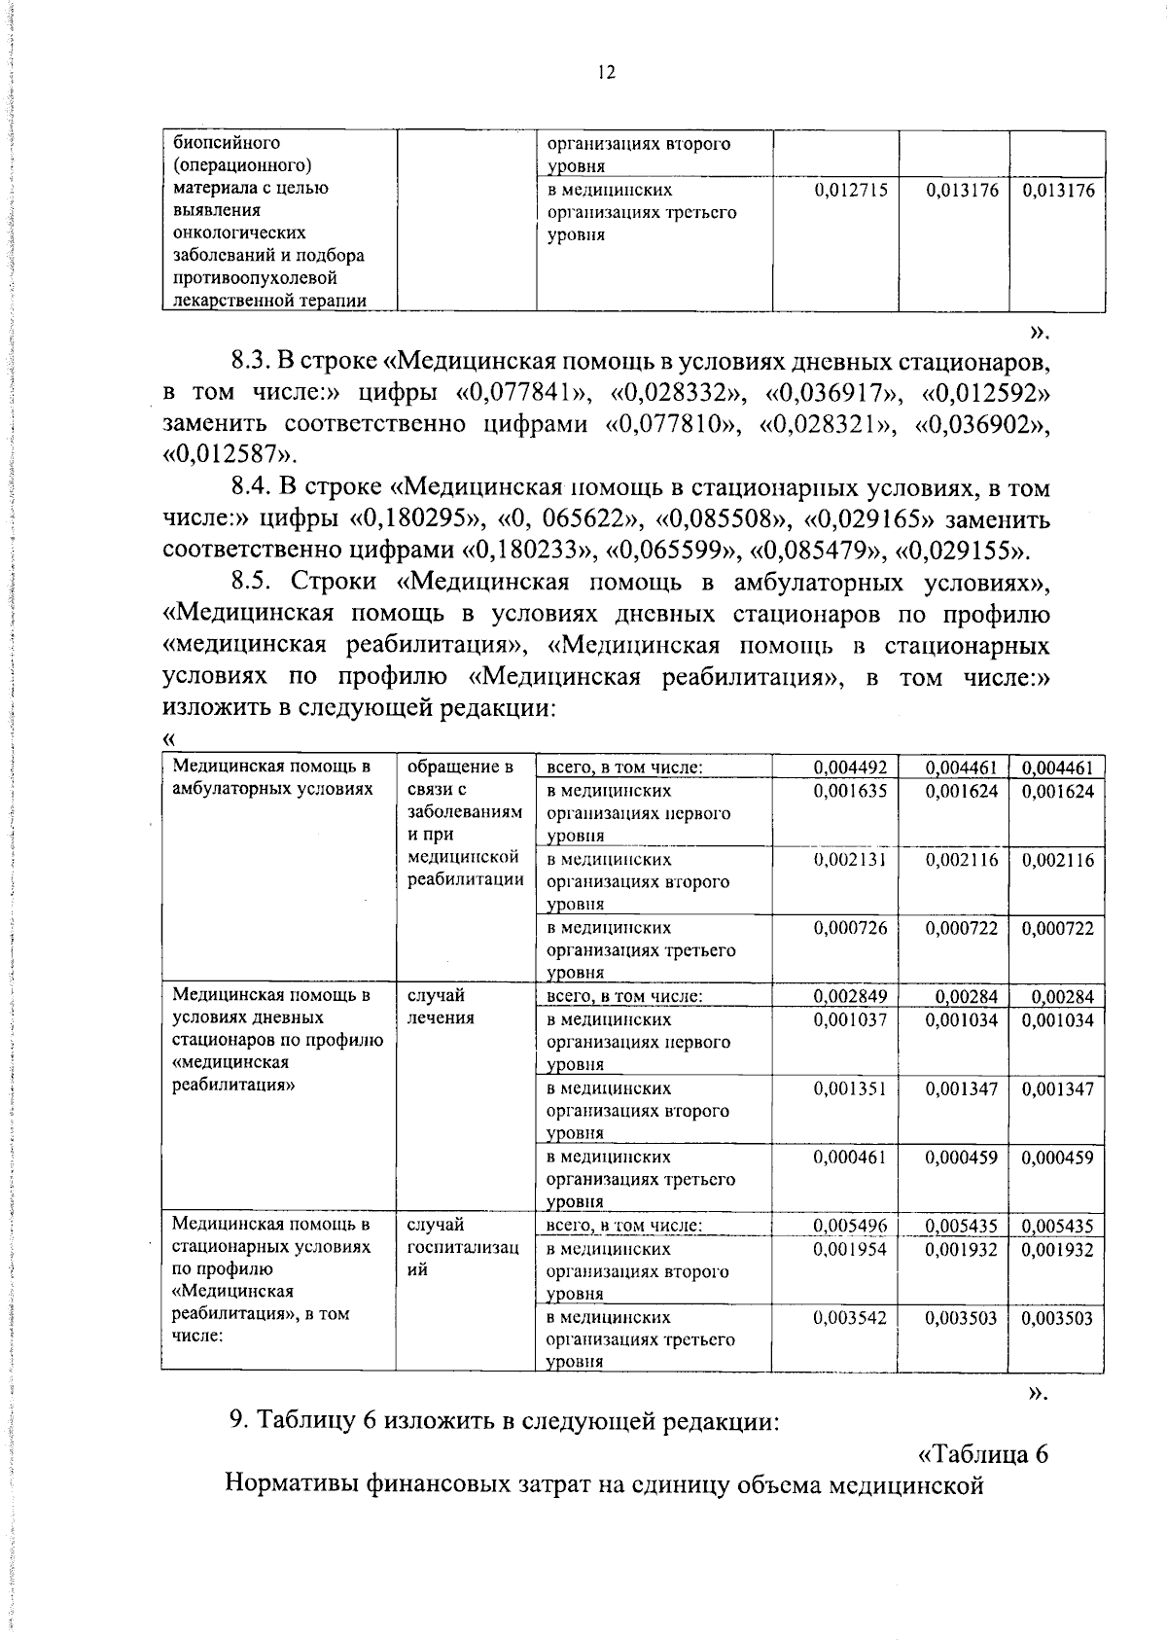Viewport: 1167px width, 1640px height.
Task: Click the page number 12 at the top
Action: (x=608, y=73)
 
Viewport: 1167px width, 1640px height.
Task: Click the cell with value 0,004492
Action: (x=851, y=767)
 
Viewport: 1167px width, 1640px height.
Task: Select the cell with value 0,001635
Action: (x=851, y=791)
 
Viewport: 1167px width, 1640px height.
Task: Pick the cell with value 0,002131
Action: (x=851, y=860)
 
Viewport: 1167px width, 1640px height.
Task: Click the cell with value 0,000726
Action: (x=851, y=928)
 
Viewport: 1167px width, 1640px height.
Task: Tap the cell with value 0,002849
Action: (x=851, y=996)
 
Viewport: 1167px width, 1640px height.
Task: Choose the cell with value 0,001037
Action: (x=851, y=1020)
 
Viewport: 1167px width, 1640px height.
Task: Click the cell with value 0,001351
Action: (x=851, y=1088)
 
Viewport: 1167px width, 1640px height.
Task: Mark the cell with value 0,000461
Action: (x=851, y=1158)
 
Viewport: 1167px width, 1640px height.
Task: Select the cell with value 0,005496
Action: (x=851, y=1226)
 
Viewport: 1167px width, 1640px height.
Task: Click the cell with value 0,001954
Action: (x=851, y=1249)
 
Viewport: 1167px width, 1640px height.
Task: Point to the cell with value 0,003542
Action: (x=851, y=1318)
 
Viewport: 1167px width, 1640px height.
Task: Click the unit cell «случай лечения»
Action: (x=441, y=1007)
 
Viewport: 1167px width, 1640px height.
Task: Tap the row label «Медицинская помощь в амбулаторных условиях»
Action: (x=271, y=777)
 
